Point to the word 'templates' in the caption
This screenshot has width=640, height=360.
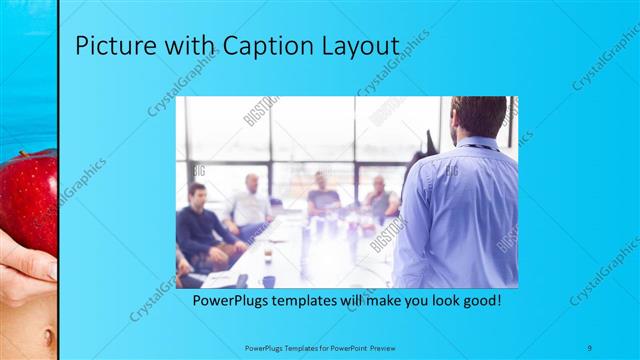[x=314, y=299]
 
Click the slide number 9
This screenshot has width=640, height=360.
[x=591, y=347]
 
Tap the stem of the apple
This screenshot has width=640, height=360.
[x=41, y=158]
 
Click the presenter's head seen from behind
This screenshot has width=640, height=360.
[x=481, y=118]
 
